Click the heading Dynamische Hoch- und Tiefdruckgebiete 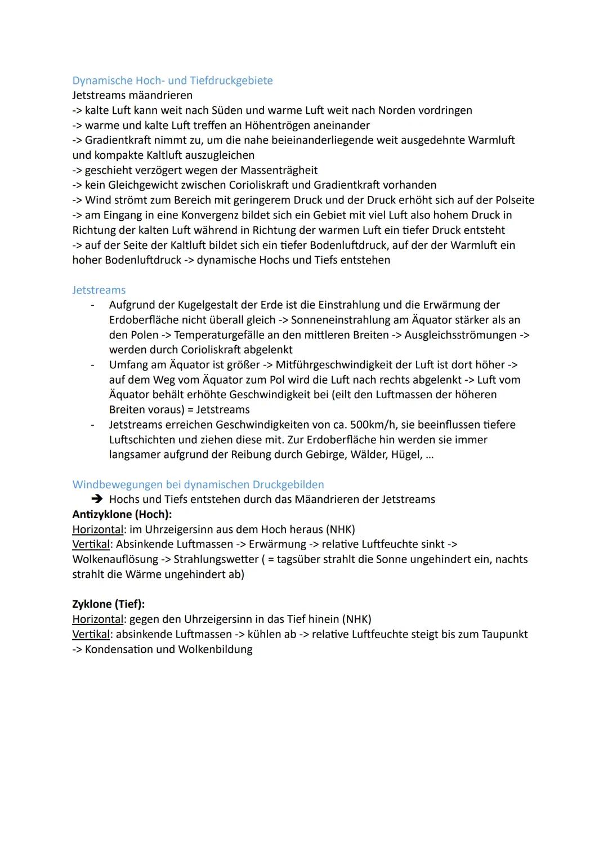click(172, 81)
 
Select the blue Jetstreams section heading click(99, 290)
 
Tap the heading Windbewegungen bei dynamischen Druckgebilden click(198, 484)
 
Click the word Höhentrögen click(279, 125)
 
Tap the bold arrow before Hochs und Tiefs click(97, 500)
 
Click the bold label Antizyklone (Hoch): click(122, 514)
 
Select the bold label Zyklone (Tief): click(109, 604)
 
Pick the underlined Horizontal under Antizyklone click(97, 529)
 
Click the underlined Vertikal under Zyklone click(91, 634)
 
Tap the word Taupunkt click(504, 634)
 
